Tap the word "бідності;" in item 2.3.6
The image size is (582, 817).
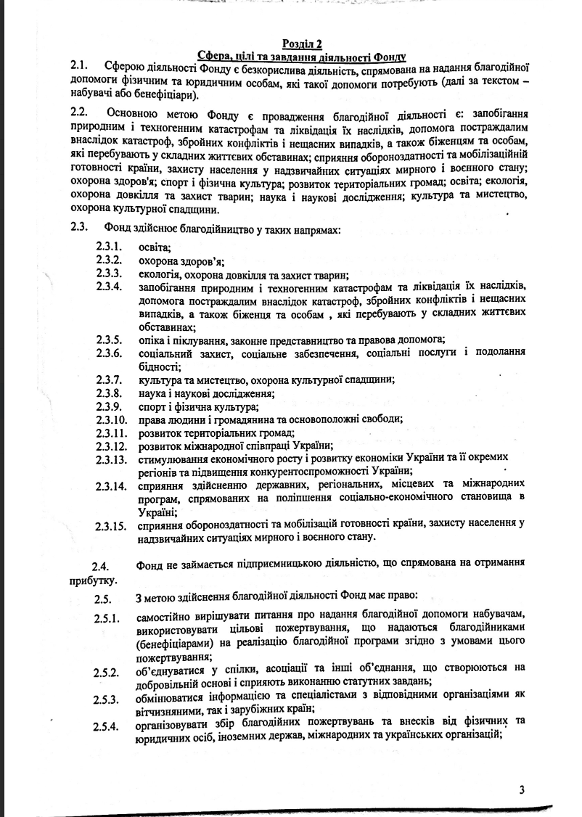point(160,366)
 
